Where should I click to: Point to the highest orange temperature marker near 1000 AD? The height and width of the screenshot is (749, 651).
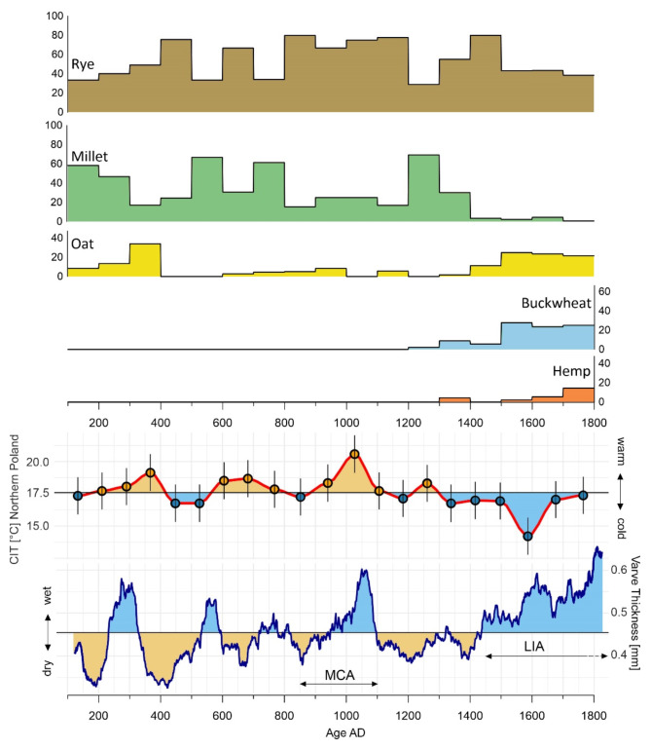[354, 454]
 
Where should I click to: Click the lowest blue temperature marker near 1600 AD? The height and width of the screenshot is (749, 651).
[527, 536]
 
